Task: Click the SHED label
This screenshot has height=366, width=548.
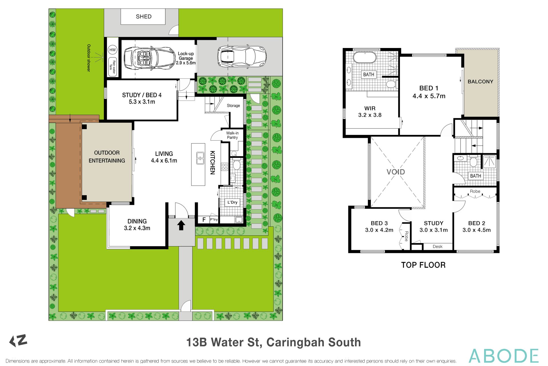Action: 144,17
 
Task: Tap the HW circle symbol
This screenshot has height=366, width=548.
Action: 113,50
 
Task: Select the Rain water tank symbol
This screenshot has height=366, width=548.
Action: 113,67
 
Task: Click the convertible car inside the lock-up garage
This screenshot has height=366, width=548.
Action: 149,58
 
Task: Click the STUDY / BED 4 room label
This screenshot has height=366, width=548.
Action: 142,98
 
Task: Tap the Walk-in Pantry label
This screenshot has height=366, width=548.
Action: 232,135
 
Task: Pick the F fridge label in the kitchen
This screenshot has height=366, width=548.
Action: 204,220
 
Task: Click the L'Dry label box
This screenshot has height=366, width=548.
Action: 232,202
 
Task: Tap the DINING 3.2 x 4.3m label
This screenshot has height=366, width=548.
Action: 137,224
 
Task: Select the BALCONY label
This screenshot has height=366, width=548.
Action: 480,81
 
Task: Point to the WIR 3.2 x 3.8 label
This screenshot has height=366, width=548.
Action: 370,112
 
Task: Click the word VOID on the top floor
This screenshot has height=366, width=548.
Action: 396,172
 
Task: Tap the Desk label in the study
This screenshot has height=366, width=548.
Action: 438,246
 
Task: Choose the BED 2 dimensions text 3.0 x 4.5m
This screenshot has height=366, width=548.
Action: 477,230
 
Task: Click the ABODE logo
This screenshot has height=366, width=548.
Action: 503,356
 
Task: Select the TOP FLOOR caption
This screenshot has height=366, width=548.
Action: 423,265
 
